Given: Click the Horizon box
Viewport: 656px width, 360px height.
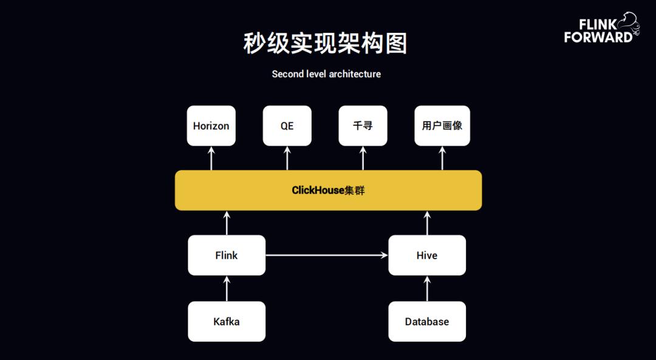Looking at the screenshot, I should point(211,126).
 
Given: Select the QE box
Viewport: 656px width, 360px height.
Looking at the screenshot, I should point(287,126).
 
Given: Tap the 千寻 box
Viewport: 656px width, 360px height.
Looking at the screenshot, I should point(363,126).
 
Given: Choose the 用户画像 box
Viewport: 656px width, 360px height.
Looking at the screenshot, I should point(442,126).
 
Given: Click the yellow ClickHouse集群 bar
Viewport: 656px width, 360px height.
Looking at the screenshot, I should point(328,190).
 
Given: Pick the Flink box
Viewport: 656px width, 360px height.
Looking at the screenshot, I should point(227,255).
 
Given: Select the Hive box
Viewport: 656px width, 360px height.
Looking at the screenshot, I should point(426,255).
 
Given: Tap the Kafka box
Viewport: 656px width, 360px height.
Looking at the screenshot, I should point(227,321).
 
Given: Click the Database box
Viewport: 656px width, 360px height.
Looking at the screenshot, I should point(426,321).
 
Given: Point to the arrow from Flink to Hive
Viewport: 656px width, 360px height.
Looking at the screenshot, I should point(327,256).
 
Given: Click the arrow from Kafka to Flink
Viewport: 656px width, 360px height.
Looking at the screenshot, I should point(227,288).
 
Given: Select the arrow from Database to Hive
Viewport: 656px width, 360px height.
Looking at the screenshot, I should point(426,288).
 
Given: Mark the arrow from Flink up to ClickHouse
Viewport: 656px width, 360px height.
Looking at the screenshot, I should point(227,223).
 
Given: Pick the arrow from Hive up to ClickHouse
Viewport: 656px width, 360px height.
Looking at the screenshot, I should point(426,223).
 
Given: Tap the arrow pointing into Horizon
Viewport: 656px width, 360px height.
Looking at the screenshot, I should point(211,158).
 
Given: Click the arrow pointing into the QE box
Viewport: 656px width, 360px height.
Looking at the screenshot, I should point(287,158).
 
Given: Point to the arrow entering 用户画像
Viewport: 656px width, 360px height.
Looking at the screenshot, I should point(442,158).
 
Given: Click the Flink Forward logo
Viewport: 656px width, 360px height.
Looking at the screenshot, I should point(600,29).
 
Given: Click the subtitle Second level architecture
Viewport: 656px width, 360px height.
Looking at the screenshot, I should point(326,74).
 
